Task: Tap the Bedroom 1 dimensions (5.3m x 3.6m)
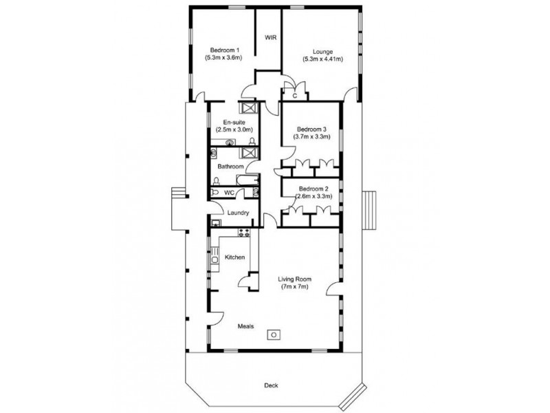223,59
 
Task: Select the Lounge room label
322,51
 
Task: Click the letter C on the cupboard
294,96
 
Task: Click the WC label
230,193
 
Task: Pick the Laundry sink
216,222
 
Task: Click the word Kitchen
234,257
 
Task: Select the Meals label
245,326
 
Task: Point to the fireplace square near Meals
274,335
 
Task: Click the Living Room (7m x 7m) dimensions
295,287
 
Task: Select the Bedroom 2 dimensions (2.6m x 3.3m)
313,196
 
